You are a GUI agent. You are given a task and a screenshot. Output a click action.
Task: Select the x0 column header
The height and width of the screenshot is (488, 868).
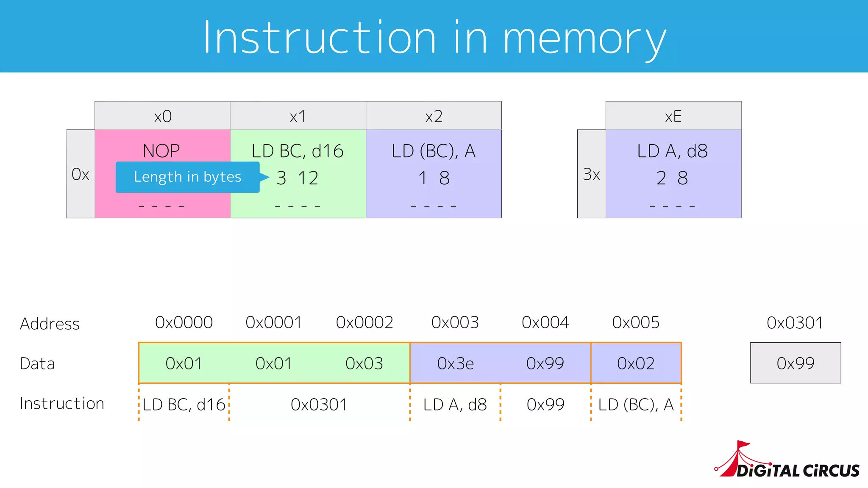[x=163, y=116]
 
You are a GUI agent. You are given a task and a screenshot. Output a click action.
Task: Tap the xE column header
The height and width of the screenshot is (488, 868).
[x=673, y=116]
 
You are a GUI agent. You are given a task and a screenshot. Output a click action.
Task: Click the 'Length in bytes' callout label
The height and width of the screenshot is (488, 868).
[x=187, y=177]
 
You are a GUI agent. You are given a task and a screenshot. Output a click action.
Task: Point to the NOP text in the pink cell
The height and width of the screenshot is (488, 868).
[x=161, y=151]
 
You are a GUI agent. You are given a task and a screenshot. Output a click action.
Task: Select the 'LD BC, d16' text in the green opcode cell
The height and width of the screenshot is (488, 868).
[x=298, y=151]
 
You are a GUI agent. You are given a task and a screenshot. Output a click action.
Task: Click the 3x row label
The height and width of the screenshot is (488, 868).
[x=591, y=174]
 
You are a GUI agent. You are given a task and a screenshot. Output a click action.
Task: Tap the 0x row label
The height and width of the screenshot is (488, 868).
[x=80, y=174]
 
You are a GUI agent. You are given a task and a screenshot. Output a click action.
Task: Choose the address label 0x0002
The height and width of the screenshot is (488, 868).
[x=364, y=323]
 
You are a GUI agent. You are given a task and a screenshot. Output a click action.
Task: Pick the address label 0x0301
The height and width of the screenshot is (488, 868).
[x=795, y=323]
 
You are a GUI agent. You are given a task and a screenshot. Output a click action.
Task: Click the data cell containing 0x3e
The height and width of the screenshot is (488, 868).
[x=455, y=363]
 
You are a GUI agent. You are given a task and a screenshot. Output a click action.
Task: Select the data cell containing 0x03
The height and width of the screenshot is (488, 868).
[x=364, y=363]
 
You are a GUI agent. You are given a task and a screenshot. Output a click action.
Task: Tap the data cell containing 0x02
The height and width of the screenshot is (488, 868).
[x=636, y=363]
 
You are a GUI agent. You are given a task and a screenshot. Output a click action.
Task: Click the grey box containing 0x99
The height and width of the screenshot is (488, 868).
[x=796, y=363]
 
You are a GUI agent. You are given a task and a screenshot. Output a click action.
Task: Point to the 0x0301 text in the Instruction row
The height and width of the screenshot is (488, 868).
[x=319, y=405]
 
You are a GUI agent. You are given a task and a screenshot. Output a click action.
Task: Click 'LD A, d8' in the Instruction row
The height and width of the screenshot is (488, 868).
[x=455, y=405]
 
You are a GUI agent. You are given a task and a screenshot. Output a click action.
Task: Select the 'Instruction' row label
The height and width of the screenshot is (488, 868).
[x=62, y=403]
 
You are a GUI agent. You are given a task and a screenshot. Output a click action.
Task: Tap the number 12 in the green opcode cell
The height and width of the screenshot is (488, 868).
[x=308, y=178]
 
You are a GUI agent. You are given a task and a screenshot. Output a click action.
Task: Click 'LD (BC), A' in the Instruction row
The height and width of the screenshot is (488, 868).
[x=636, y=405]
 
